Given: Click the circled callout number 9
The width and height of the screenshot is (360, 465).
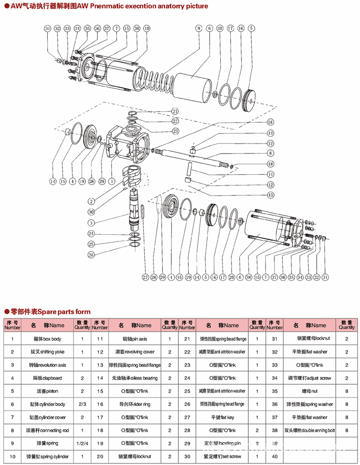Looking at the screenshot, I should [x=198, y=28].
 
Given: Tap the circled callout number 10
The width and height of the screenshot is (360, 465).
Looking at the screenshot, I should [x=146, y=28].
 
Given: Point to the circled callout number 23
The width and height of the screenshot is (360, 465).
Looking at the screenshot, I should [x=175, y=131].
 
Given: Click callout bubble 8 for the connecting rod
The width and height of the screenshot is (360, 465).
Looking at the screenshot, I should [x=270, y=153].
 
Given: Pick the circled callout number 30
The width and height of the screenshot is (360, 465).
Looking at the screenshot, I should [x=91, y=212].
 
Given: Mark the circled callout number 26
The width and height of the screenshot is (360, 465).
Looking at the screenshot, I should [x=91, y=255].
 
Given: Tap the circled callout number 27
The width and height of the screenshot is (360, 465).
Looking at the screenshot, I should [x=146, y=277].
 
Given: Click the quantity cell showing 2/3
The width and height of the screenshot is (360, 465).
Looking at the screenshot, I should [x=82, y=404].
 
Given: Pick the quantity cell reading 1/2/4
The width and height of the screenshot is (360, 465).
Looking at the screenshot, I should [x=82, y=443].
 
